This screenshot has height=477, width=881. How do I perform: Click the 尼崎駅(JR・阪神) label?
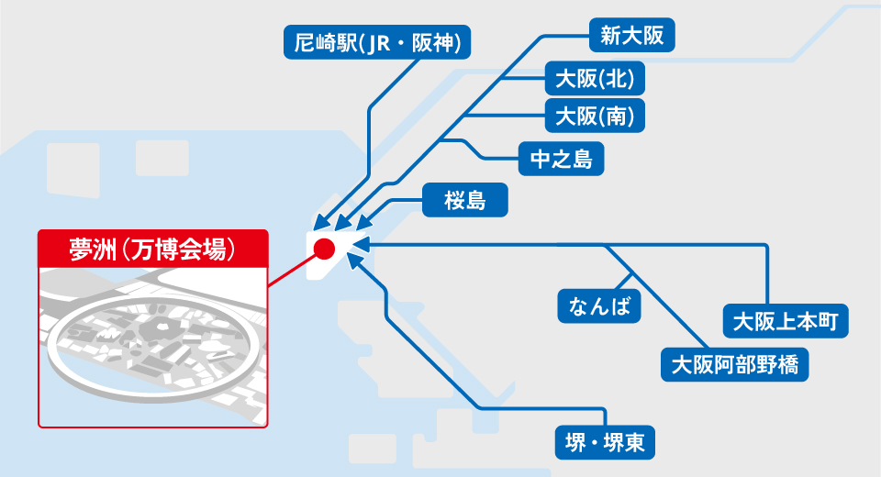coord(377,42)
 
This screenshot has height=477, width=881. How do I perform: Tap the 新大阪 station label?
coord(631,35)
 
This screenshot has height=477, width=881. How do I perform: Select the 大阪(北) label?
coord(595,78)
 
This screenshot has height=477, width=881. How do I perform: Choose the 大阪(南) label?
coord(595,116)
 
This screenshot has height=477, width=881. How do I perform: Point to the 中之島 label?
coord(561,159)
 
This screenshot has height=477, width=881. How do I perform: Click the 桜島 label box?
coord(464,199)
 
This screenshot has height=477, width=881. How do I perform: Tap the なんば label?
coord(599,306)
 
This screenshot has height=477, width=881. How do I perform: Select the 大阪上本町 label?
coord(786,321)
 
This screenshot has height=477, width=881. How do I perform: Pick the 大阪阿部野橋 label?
coord(734,365)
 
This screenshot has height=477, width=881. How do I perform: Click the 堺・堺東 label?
coord(605,442)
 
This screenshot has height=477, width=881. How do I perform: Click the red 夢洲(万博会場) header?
coord(153,249)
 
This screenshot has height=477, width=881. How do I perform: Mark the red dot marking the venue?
coord(324,249)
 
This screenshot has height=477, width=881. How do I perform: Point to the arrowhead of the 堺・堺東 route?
coord(354,261)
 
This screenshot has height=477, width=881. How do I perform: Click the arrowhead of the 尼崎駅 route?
coord(321,223)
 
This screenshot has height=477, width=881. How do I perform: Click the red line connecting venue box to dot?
coord(293,271)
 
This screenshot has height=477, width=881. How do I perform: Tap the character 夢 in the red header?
coord(81,249)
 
